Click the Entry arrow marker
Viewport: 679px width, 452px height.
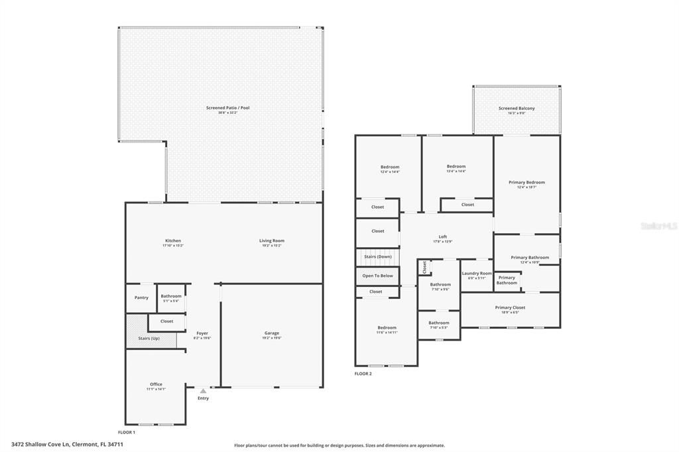(203, 391)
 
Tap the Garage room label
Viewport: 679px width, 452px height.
(272, 333)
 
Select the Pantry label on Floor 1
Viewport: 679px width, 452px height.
(141, 298)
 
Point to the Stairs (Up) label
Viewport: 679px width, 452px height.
(149, 338)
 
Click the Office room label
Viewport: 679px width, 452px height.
(156, 384)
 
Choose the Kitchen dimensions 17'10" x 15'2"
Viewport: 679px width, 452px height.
(172, 246)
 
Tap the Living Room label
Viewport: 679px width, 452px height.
(272, 241)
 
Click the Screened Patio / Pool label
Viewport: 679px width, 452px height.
(227, 107)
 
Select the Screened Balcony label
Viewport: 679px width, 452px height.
(517, 108)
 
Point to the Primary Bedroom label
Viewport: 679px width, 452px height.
(526, 182)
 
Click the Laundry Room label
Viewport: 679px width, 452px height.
(477, 273)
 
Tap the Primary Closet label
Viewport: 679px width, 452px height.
(510, 307)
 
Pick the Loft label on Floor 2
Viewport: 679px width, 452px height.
(443, 237)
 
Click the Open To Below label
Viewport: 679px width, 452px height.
(377, 276)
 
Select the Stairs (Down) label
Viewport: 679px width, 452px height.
(378, 256)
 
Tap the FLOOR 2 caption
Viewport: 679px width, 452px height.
(363, 374)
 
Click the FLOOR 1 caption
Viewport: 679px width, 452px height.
(135, 432)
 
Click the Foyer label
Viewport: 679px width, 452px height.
(202, 333)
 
